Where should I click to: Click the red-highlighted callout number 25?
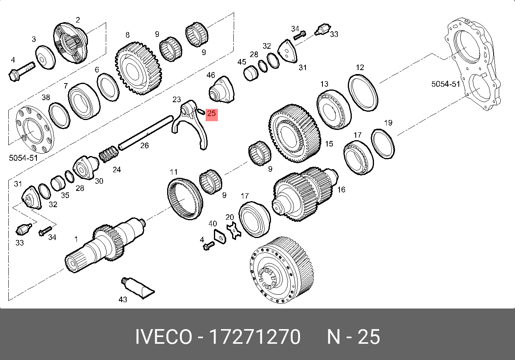(212, 114)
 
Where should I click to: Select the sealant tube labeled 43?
(137, 288)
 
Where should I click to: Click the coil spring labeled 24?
(109, 154)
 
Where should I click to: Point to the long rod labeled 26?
(145, 133)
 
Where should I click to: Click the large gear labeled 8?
(138, 69)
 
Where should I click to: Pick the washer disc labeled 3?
(45, 57)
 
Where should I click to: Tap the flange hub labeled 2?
(71, 43)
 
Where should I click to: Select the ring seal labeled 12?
(363, 93)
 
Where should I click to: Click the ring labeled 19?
(383, 144)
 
